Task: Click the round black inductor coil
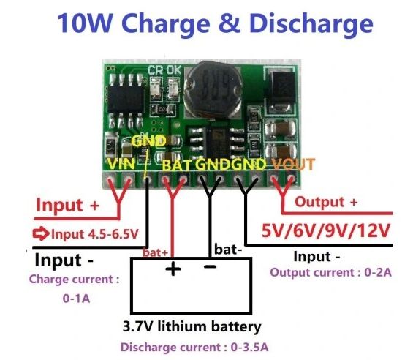[x=213, y=89]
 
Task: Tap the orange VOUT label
[x=293, y=164]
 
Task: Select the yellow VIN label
[x=121, y=164]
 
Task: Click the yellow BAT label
[x=176, y=165]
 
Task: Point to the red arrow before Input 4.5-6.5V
[x=41, y=233]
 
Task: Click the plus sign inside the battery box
[x=173, y=269]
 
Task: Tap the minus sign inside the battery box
[x=211, y=267]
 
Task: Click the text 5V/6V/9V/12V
[x=325, y=230]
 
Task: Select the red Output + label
[x=326, y=202]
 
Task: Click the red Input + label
[x=68, y=205]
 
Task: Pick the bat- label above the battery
[x=228, y=250]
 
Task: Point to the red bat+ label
[x=155, y=252]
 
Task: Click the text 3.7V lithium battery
[x=192, y=327]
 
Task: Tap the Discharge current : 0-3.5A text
[x=194, y=347]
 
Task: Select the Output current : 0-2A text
[x=331, y=272]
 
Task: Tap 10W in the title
[x=85, y=23]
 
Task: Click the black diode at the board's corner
[x=281, y=91]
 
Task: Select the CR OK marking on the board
[x=164, y=70]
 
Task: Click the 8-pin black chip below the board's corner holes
[x=126, y=100]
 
